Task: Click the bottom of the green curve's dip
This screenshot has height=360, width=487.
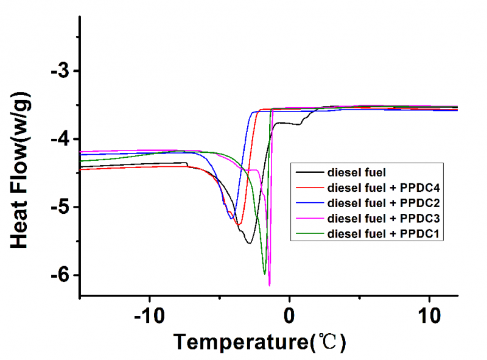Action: [x=264, y=274]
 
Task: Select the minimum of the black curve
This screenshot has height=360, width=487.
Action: [x=249, y=243]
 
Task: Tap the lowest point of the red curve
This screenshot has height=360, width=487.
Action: [x=239, y=224]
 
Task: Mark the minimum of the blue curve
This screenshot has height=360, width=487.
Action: [x=231, y=218]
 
